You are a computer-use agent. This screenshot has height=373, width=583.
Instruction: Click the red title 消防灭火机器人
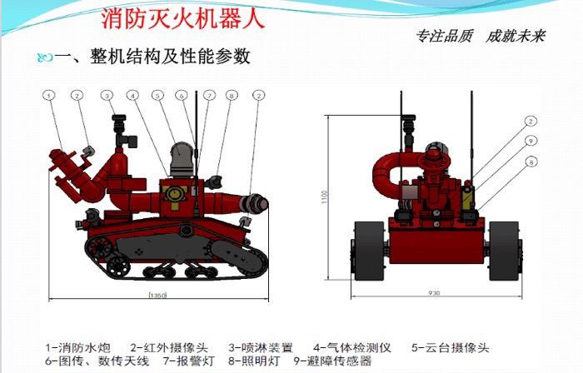182,18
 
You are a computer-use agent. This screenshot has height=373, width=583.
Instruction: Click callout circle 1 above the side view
50,96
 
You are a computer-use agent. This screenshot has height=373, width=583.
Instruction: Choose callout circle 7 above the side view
208,96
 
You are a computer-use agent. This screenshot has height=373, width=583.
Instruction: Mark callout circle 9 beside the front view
530,141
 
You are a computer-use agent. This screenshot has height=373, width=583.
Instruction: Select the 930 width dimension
434,294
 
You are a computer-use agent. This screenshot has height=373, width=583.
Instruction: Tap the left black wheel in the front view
367,251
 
